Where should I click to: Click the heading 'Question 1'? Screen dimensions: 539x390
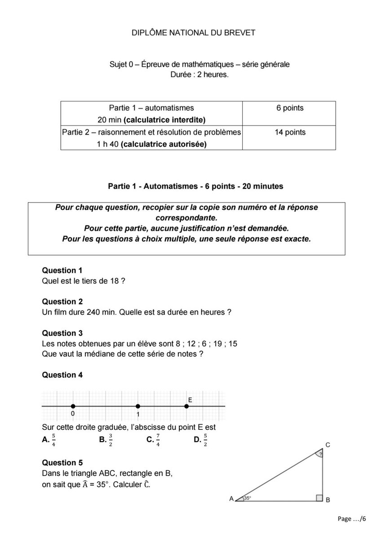click(62, 270)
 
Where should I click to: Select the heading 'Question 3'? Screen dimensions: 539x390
click(62, 333)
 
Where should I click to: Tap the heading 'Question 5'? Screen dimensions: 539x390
click(62, 463)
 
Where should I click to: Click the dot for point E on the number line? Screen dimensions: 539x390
click(186, 406)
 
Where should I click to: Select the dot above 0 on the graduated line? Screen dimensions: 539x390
click(73, 406)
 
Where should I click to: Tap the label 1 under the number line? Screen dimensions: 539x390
click(138, 414)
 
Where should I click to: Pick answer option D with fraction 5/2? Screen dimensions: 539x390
click(201, 440)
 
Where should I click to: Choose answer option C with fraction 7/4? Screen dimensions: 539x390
click(153, 440)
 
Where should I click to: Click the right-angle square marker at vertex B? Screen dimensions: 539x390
click(319, 498)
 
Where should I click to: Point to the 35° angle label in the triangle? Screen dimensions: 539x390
click(248, 498)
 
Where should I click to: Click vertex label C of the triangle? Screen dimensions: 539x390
click(328, 445)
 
